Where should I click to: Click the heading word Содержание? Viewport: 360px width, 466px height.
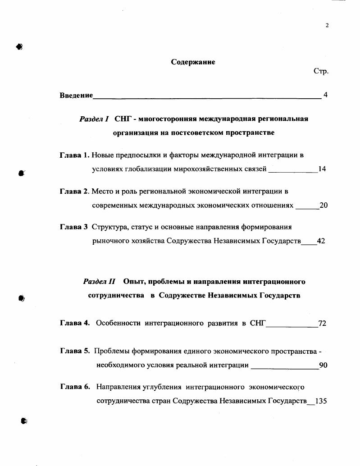[193, 62]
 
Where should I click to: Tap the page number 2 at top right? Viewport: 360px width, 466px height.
[327, 25]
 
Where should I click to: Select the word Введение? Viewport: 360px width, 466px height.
[76, 95]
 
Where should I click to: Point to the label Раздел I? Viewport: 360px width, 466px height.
[94, 119]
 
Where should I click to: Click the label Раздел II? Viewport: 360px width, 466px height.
[100, 282]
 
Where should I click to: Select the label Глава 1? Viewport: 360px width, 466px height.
[74, 155]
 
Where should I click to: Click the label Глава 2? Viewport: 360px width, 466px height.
[74, 191]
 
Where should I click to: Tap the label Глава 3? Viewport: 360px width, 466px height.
[73, 227]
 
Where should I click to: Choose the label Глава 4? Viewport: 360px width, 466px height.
[75, 323]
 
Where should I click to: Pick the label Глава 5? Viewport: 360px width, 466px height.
[75, 351]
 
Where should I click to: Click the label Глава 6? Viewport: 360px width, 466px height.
[75, 386]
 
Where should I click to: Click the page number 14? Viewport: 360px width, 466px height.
[322, 169]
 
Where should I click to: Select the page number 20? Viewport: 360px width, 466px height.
[323, 206]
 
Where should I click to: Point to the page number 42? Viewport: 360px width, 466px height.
[321, 241]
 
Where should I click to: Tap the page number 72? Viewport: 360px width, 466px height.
[322, 323]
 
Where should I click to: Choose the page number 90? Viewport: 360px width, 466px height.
[323, 365]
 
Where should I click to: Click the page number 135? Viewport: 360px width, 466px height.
[321, 401]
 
